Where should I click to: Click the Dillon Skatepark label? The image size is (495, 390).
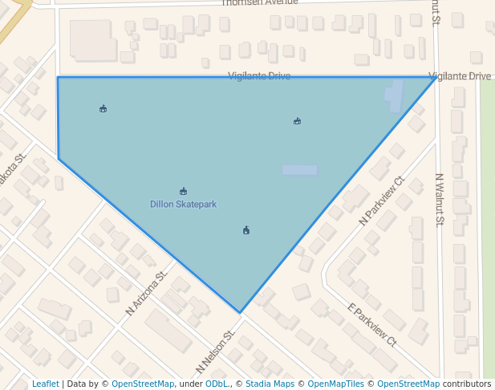pyautogui.click(x=183, y=205)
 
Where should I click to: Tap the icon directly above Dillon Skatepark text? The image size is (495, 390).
pyautogui.click(x=184, y=191)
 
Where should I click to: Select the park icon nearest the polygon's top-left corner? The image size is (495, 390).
pyautogui.click(x=103, y=108)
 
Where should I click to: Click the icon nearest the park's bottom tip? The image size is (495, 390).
pyautogui.click(x=246, y=230)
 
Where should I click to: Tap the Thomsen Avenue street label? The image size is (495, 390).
pyautogui.click(x=259, y=3)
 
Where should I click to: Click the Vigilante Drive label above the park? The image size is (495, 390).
pyautogui.click(x=258, y=76)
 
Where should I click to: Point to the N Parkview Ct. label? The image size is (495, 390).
pyautogui.click(x=382, y=201)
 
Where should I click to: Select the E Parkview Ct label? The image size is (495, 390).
pyautogui.click(x=371, y=325)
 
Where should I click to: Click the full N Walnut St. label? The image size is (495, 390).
pyautogui.click(x=439, y=200)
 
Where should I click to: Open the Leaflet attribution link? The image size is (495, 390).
pyautogui.click(x=45, y=384)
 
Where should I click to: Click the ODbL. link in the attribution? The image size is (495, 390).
pyautogui.click(x=217, y=384)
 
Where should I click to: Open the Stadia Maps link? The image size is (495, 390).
pyautogui.click(x=269, y=384)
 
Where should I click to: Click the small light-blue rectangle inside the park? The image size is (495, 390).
pyautogui.click(x=299, y=170)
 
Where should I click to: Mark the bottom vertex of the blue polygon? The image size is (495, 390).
pyautogui.click(x=240, y=312)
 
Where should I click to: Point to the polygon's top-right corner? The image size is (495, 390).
pyautogui.click(x=436, y=78)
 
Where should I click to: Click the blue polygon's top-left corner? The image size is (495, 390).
pyautogui.click(x=58, y=78)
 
